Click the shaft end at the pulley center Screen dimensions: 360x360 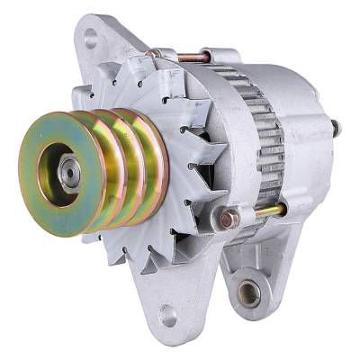(x=66, y=168)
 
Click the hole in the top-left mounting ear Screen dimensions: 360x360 (x=90, y=39)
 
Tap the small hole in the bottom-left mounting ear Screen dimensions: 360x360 (x=167, y=316)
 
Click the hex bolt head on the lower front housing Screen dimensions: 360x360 (x=230, y=219)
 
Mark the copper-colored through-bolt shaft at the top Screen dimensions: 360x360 (x=193, y=57)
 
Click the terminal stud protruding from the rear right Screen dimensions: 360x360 (x=335, y=128)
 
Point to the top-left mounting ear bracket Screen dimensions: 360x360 (x=99, y=45)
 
